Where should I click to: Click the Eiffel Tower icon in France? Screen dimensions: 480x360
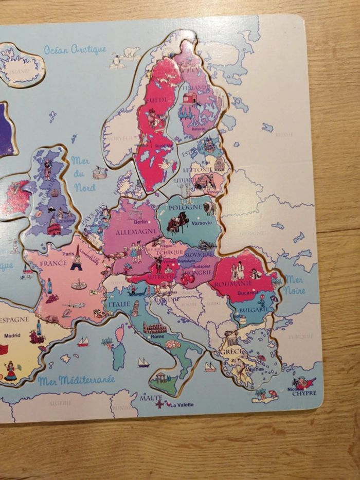tap(77, 258)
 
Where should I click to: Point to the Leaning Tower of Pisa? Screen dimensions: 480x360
tap(135, 308)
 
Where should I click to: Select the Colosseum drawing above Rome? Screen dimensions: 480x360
tap(155, 328)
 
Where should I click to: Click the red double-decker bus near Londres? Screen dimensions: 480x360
tap(54, 226)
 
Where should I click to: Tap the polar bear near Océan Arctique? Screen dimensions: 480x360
tap(131, 52)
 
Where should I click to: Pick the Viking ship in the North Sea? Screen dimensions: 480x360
tap(99, 172)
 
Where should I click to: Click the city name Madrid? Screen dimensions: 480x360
tap(12, 335)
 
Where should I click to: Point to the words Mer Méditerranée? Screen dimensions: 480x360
tap(76, 381)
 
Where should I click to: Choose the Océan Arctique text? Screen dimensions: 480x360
tap(75, 49)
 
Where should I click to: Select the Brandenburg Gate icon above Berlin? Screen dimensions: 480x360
tap(135, 215)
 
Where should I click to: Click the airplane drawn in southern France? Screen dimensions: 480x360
tap(75, 305)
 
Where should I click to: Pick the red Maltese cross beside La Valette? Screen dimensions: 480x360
tap(160, 404)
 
